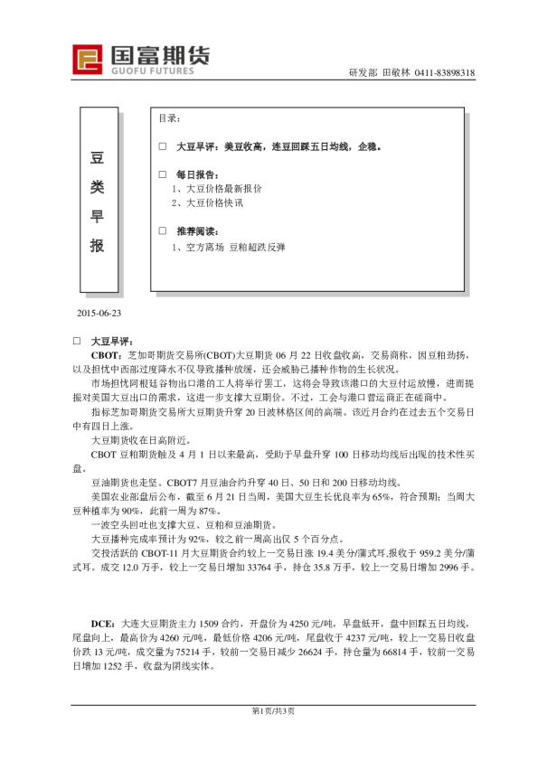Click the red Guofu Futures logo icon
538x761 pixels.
pyautogui.click(x=89, y=59)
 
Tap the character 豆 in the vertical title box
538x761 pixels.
pyautogui.click(x=99, y=157)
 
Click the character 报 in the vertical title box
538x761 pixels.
pyautogui.click(x=99, y=245)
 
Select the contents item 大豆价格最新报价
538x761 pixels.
pyautogui.click(x=221, y=189)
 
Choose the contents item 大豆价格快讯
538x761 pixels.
pyautogui.click(x=213, y=203)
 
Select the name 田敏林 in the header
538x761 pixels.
pyautogui.click(x=396, y=73)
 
